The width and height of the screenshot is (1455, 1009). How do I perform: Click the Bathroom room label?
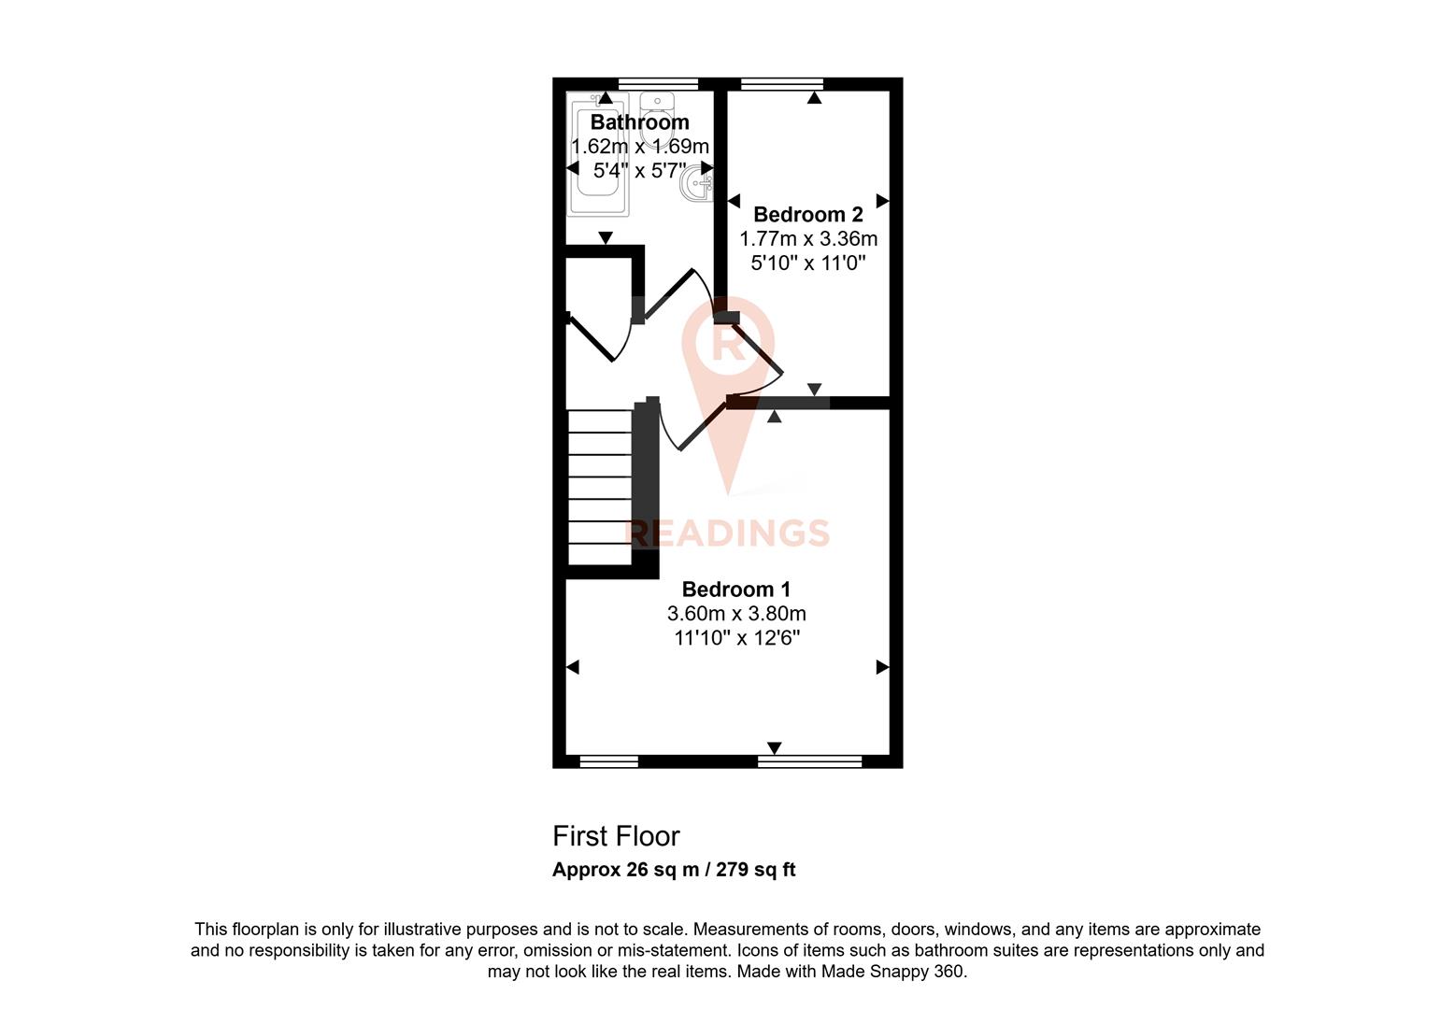coord(639,122)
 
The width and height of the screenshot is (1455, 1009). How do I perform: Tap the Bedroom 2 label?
coord(807,215)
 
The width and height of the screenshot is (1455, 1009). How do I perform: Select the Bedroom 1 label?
coord(735,590)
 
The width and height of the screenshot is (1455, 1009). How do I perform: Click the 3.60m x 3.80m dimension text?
coord(735,614)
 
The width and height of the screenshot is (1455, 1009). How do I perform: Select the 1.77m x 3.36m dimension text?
coord(807,239)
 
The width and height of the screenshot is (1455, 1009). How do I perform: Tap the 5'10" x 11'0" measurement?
coord(807,263)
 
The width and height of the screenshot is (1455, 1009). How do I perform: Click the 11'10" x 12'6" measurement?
coord(735,638)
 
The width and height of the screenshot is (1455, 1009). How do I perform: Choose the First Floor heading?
coord(616,836)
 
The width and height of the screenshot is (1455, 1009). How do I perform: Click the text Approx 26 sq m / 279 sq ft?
coord(674,870)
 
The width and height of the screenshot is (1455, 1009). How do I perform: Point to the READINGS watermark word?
coord(727,533)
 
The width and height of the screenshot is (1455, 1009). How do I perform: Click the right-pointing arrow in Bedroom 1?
coord(882,667)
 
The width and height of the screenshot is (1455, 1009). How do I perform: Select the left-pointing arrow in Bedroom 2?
coord(734,201)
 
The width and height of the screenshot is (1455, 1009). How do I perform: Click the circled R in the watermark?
coord(728,343)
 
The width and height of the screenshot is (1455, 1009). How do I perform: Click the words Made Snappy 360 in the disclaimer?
coord(892,972)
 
